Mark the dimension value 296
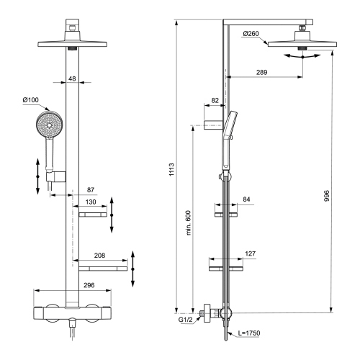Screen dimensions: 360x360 coord(72,284)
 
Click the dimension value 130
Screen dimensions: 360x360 coord(90,202)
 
